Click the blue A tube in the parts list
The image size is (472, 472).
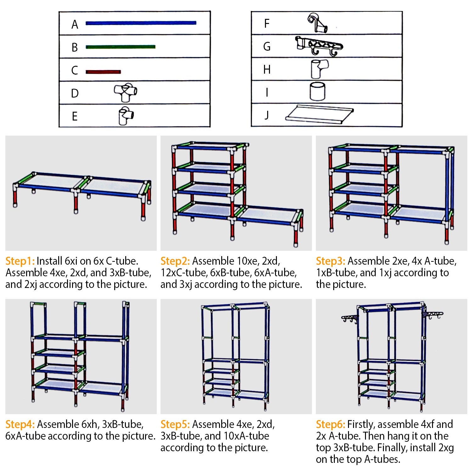141,23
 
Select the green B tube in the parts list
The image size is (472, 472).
120,47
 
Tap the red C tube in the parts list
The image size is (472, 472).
103,72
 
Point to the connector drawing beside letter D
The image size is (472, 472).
126,93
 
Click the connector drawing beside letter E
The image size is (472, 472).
126,116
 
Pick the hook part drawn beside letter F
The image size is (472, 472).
317,23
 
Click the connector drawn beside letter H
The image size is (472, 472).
319,69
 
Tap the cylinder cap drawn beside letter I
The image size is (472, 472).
317,92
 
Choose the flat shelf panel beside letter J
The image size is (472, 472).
319,114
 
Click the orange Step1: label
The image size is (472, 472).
20,261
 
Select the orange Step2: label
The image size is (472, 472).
175,261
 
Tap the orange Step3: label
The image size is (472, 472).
330,261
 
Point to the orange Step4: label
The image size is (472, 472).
20,424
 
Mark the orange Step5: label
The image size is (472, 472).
175,424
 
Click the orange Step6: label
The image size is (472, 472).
330,424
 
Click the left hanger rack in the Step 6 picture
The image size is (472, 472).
350,318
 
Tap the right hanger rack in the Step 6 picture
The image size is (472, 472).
433,315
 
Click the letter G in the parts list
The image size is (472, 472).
267,47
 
